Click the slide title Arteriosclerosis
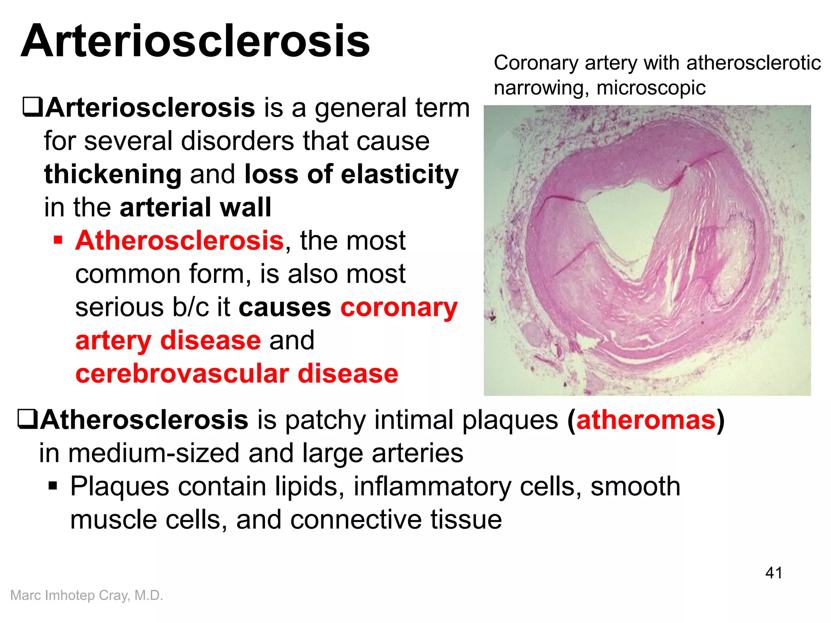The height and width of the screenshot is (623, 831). click(195, 41)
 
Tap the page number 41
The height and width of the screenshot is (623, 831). click(773, 573)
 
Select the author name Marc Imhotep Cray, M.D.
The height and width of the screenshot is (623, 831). click(86, 595)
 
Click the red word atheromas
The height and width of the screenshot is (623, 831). click(646, 420)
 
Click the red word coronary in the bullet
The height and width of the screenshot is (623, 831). click(399, 308)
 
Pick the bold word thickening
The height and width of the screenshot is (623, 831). click(113, 174)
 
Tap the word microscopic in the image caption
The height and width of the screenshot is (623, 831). click(651, 88)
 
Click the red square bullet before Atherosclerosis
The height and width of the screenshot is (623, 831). click(58, 240)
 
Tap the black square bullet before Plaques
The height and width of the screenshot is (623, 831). click(53, 486)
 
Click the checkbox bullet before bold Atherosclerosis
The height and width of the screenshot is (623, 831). click(27, 419)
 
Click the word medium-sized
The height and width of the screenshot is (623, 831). click(153, 453)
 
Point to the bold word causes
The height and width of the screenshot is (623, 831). click(284, 308)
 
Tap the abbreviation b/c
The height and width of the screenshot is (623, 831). click(191, 307)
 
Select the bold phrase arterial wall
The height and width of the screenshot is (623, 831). click(195, 208)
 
